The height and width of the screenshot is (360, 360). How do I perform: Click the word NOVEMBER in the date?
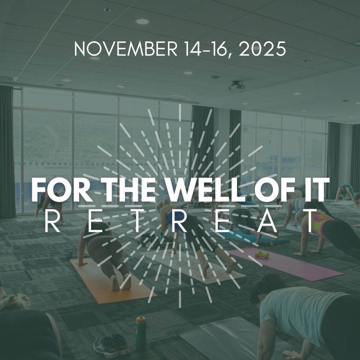[x=126, y=49]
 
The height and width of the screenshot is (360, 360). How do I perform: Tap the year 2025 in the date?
[x=262, y=49]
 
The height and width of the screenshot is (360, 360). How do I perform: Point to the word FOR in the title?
[x=62, y=190]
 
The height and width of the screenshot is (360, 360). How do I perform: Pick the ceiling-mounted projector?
[x=236, y=86]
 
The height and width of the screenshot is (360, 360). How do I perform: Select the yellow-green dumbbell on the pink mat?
[x=262, y=255]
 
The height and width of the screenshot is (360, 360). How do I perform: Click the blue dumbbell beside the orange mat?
[x=69, y=254]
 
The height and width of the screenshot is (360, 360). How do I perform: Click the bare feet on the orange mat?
[x=121, y=282]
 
